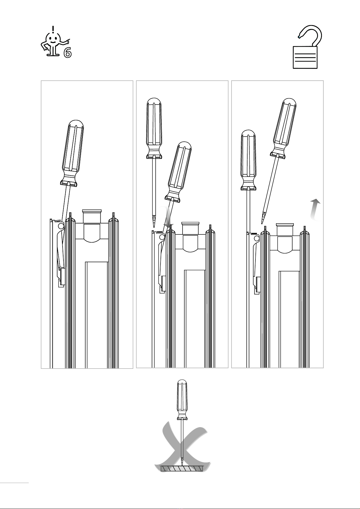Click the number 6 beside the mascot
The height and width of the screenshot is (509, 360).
[x=67, y=53]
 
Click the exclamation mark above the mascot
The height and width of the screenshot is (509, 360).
[x=53, y=29]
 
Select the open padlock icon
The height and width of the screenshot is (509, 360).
[x=307, y=47]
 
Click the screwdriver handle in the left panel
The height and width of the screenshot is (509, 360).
[x=72, y=153]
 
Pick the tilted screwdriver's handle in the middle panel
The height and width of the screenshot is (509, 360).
[x=178, y=171]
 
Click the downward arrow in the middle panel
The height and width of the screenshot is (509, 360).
[x=168, y=217]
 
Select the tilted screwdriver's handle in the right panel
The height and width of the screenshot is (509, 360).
[x=283, y=128]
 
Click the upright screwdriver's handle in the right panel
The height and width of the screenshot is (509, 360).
[x=248, y=160]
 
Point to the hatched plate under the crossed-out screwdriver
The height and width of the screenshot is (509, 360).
[x=182, y=469]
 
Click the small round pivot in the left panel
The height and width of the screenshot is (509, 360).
[x=61, y=226]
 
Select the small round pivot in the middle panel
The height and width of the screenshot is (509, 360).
[x=162, y=237]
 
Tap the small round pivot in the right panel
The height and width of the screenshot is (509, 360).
[x=257, y=238]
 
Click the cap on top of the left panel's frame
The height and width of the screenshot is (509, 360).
[x=92, y=216]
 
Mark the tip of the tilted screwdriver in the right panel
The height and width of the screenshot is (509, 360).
[x=262, y=224]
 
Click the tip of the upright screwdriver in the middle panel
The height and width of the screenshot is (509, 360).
[x=154, y=227]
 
